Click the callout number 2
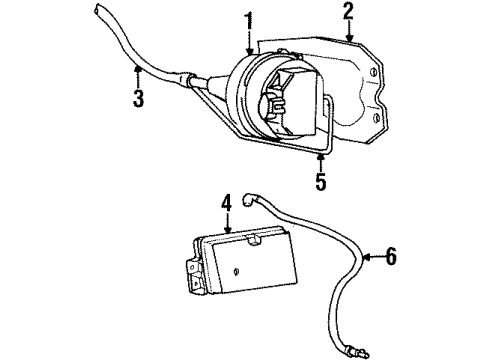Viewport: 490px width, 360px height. tap(348, 13)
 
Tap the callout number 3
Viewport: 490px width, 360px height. tap(137, 98)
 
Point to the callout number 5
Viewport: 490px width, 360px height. tap(320, 183)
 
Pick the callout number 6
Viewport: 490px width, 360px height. tap(390, 257)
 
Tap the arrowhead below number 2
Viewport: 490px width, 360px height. tap(348, 39)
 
